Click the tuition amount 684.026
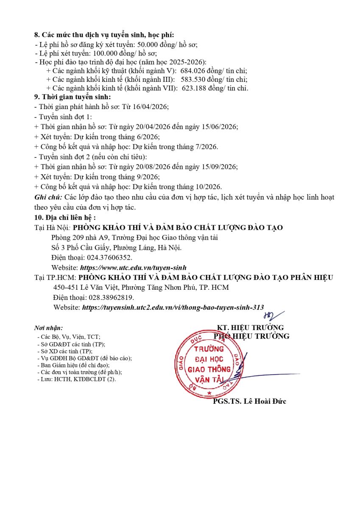click(x=193, y=71)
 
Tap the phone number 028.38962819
click(x=112, y=297)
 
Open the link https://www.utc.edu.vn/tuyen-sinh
click(x=133, y=268)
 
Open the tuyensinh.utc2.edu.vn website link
click(x=173, y=307)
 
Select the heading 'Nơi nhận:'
click(x=48, y=328)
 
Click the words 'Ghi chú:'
click(x=48, y=197)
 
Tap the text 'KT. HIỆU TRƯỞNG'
click(x=250, y=327)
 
